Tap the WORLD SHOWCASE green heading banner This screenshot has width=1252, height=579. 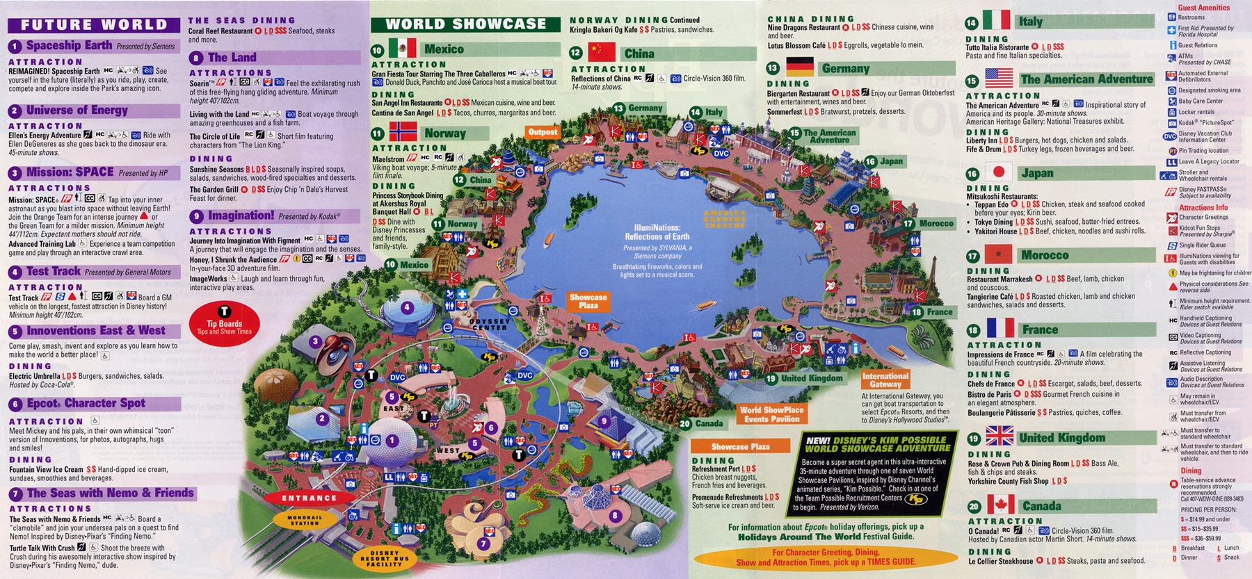pyautogui.click(x=465, y=24)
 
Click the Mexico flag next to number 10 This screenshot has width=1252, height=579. pyautogui.click(x=402, y=49)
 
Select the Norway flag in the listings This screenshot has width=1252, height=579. pyautogui.click(x=403, y=132)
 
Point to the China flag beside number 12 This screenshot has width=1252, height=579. pyautogui.click(x=602, y=53)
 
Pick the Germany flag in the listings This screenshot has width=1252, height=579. pyautogui.click(x=800, y=67)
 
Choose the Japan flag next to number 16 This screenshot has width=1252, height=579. pyautogui.click(x=999, y=172)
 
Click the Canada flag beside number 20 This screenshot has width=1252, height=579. pyautogui.click(x=1000, y=505)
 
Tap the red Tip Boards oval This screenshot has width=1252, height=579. pyautogui.click(x=224, y=323)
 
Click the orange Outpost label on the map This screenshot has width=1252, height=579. pyautogui.click(x=543, y=131)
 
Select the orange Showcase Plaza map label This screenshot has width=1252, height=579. pyautogui.click(x=588, y=301)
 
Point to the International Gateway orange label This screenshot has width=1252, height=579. pyautogui.click(x=885, y=380)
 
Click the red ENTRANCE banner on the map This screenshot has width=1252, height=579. pyautogui.click(x=309, y=498)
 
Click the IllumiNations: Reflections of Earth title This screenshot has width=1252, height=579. pyautogui.click(x=657, y=232)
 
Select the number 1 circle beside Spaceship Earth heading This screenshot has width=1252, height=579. pyautogui.click(x=15, y=47)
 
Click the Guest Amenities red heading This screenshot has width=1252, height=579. pyautogui.click(x=1203, y=8)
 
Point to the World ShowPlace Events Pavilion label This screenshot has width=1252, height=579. pyautogui.click(x=771, y=414)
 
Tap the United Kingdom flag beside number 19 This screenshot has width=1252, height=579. pyautogui.click(x=1000, y=437)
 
